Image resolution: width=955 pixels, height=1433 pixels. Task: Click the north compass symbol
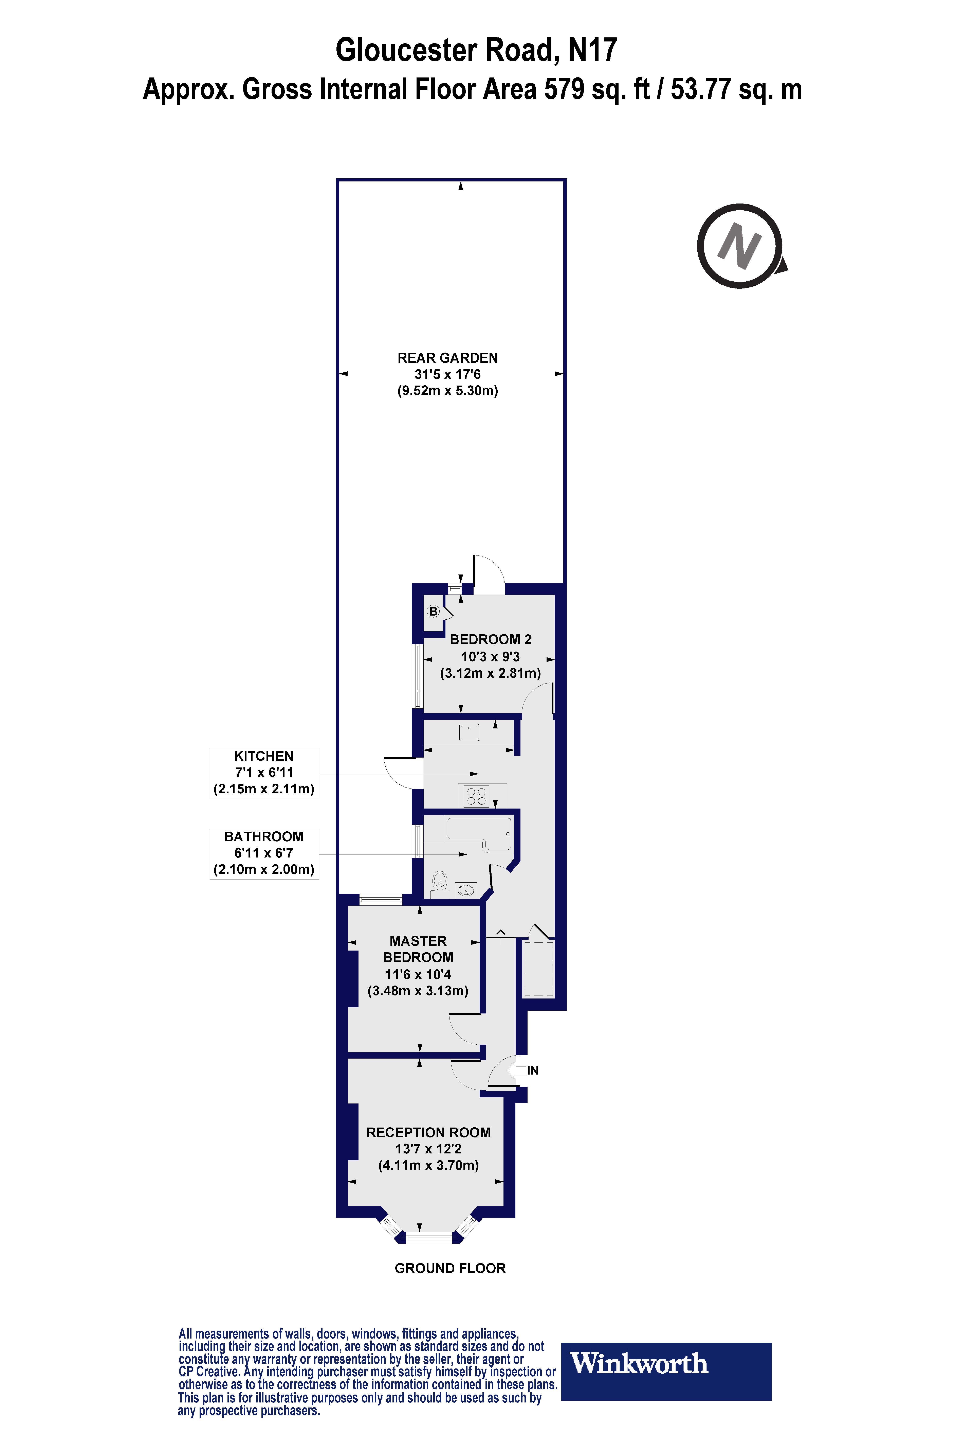click(740, 246)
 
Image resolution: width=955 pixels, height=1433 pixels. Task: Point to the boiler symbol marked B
click(433, 611)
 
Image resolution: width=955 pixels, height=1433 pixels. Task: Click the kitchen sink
click(469, 732)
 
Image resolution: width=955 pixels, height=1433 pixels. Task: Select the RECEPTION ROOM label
click(428, 1133)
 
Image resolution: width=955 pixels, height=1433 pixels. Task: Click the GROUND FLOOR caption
click(450, 1269)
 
